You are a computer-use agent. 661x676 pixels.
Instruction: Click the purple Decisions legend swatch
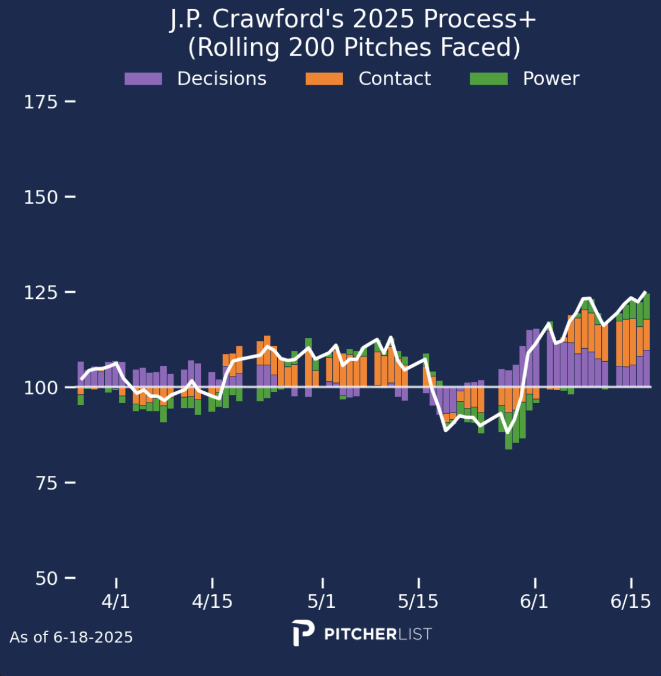pos(143,79)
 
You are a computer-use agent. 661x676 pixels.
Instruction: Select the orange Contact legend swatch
pos(324,79)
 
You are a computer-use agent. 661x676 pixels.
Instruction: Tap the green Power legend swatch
pos(489,79)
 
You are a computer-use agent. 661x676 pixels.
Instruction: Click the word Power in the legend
pos(551,79)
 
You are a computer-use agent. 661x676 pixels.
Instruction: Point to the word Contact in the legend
pos(394,79)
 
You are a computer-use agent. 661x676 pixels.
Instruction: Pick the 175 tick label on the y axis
pos(40,102)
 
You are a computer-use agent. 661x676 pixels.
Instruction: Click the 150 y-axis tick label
pos(40,197)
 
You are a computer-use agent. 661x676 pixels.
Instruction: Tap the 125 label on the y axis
pos(40,292)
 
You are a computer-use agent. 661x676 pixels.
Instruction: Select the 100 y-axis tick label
pos(40,388)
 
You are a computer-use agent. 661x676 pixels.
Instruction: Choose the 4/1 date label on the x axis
pos(116,601)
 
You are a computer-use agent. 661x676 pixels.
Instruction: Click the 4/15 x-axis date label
pos(212,601)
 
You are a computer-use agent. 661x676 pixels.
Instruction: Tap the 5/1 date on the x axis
pos(322,601)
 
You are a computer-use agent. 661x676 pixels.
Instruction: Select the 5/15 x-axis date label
pos(418,601)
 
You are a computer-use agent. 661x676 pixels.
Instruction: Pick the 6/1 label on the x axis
pos(534,601)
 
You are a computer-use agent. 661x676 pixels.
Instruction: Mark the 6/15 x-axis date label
pos(631,601)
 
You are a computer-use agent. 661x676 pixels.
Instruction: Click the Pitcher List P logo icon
pos(303,633)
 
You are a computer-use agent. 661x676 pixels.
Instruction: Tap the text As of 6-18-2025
pos(71,638)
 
